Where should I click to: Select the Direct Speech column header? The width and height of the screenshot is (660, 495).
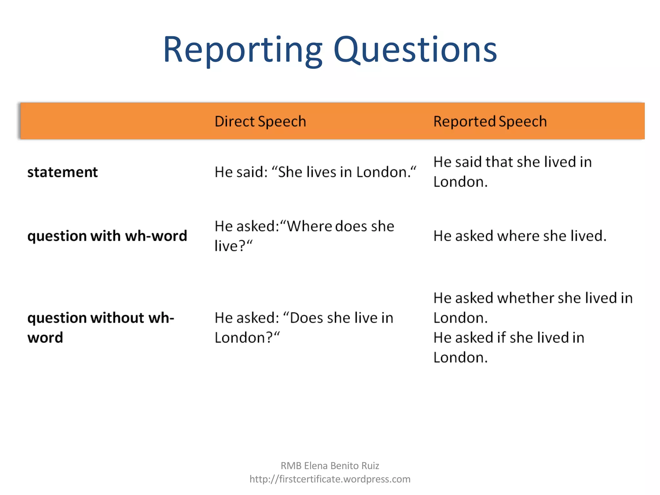(x=260, y=121)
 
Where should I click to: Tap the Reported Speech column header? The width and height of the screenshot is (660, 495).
(x=490, y=121)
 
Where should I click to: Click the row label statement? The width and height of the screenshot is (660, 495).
(x=63, y=172)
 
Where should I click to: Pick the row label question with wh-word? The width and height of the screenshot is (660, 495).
(x=107, y=236)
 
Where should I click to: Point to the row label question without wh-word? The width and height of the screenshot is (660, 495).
(x=101, y=327)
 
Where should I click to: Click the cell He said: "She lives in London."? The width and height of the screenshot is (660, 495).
(x=315, y=172)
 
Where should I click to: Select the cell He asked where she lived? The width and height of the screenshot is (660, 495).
(x=519, y=236)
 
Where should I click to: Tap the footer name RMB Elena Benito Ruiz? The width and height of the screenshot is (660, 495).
(x=330, y=466)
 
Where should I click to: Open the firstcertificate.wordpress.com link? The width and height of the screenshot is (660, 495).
(x=330, y=479)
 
